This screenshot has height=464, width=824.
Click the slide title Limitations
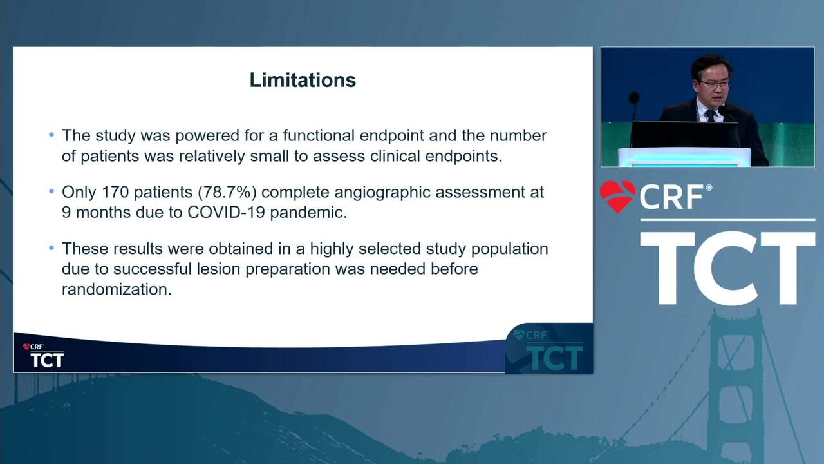(x=303, y=80)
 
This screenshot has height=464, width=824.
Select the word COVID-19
(x=226, y=212)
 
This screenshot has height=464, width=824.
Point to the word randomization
(x=117, y=289)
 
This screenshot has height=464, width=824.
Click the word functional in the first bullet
(x=319, y=135)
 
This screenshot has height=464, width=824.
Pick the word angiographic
(x=382, y=193)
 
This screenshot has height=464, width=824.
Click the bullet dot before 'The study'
(x=51, y=135)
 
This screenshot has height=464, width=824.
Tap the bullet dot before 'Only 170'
(x=51, y=191)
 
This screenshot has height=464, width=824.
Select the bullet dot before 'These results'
(x=51, y=248)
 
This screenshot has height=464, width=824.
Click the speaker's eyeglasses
(x=715, y=84)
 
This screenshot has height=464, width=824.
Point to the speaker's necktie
(x=710, y=115)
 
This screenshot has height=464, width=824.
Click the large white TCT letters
(x=727, y=268)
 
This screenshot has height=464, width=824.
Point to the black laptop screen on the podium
(x=684, y=135)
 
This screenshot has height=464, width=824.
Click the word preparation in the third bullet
(x=288, y=269)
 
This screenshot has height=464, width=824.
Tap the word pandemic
(x=308, y=213)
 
